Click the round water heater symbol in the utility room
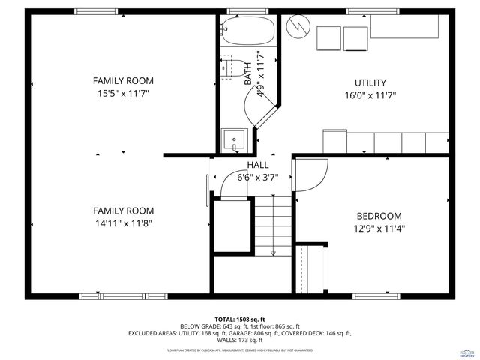(x=298, y=27)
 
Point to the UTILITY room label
(x=370, y=82)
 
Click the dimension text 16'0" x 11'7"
(x=370, y=95)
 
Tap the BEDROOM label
(x=378, y=216)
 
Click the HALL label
(x=257, y=165)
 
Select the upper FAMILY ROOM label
(x=123, y=80)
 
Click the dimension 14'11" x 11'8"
(x=123, y=223)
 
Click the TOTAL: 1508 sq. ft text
(x=240, y=319)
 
